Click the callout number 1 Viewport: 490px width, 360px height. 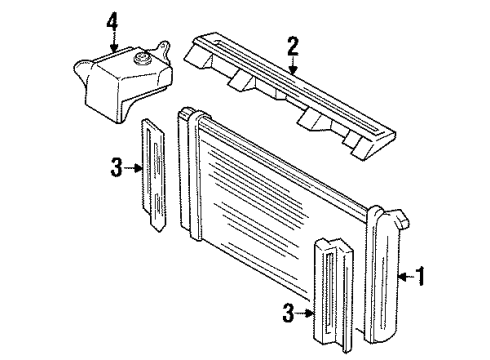pyautogui.click(x=421, y=274)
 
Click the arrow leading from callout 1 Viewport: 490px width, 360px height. pyautogui.click(x=404, y=274)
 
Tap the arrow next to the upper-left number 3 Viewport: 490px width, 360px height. pyautogui.click(x=133, y=169)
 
